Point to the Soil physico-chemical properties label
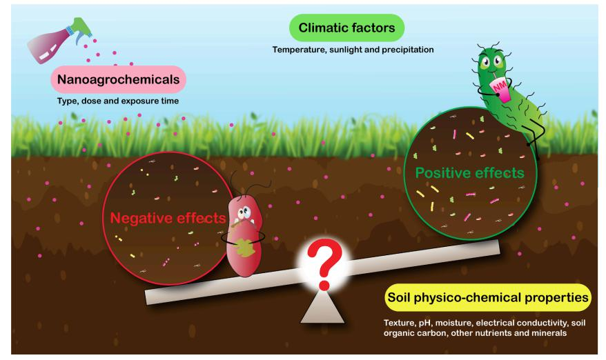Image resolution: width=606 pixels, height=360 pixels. (x=487, y=298)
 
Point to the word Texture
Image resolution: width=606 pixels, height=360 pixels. (x=398, y=323)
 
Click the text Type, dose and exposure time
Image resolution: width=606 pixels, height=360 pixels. (x=118, y=102)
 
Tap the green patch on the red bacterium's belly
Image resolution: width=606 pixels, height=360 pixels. (x=243, y=247)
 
